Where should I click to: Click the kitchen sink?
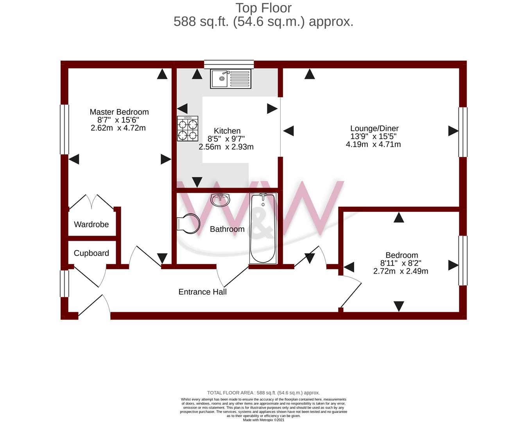click(x=230, y=79)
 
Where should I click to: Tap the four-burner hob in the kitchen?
click(x=188, y=129)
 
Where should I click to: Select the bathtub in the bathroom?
click(x=263, y=228)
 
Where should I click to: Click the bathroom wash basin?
click(x=220, y=200)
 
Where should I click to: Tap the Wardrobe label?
click(x=91, y=224)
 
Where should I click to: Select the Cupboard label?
click(x=91, y=253)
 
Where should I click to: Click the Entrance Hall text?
click(x=203, y=292)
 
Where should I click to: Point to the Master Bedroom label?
click(x=119, y=112)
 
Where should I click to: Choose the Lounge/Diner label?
click(x=375, y=128)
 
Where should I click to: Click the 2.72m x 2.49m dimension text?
click(x=401, y=271)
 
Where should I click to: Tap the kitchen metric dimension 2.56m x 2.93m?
click(x=226, y=147)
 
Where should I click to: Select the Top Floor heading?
click(x=263, y=8)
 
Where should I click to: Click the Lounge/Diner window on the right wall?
click(x=463, y=132)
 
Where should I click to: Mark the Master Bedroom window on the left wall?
click(x=65, y=129)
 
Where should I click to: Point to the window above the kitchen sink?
click(x=229, y=64)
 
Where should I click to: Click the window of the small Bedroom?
click(x=463, y=261)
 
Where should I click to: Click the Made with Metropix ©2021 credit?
click(x=263, y=420)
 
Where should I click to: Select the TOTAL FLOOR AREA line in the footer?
click(x=263, y=393)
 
